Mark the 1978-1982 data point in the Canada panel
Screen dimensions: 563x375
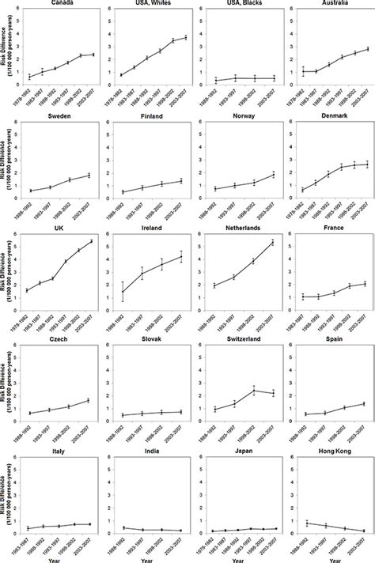pos(29,77)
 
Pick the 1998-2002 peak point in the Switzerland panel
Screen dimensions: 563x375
pos(253,390)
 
